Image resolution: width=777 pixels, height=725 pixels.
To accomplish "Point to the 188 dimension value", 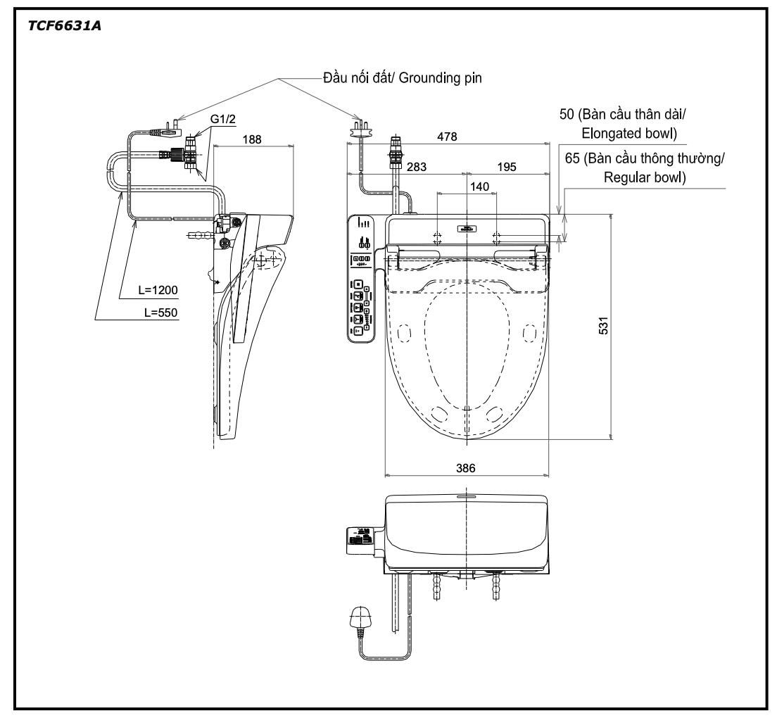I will click(251, 139).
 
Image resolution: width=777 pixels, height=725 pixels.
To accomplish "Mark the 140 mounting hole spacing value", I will click(481, 186).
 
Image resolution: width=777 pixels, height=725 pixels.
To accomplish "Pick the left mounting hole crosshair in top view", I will click(437, 237).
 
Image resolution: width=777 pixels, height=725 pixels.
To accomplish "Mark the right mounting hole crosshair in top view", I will click(496, 237).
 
